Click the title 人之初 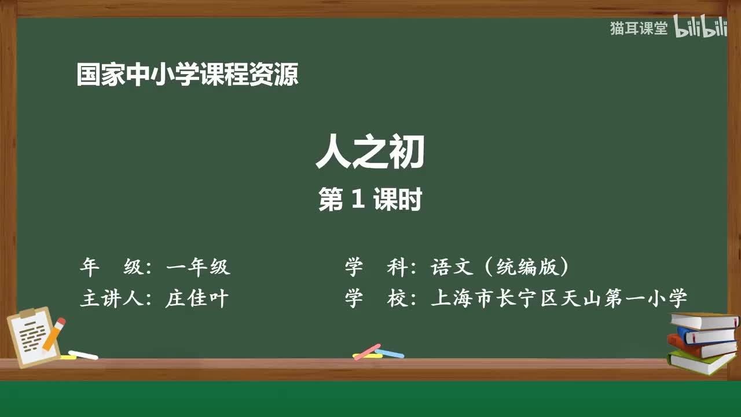(x=370, y=153)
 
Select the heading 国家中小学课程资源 (x=188, y=75)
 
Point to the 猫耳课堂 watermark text (x=639, y=28)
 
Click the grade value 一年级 (x=198, y=267)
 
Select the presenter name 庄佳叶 (x=197, y=299)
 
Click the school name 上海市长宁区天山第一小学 (x=559, y=299)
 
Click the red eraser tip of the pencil (x=61, y=321)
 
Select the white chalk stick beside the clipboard (x=83, y=354)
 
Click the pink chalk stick (x=367, y=352)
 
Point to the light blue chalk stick (x=390, y=353)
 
